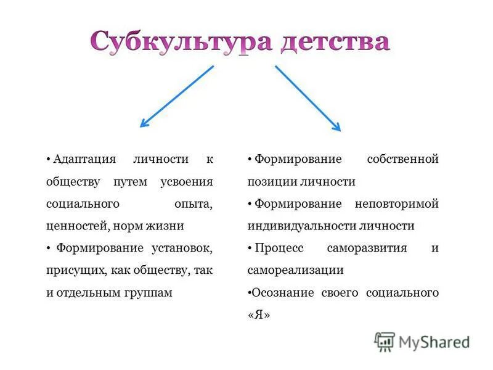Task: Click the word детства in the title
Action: click(335, 42)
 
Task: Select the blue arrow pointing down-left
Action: click(177, 96)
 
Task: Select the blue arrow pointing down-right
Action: click(308, 97)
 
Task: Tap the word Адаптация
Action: click(84, 159)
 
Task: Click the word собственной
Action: click(402, 159)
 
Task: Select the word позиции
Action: click(273, 181)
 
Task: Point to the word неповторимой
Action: click(396, 203)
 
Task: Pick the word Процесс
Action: click(275, 248)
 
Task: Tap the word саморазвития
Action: click(370, 248)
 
